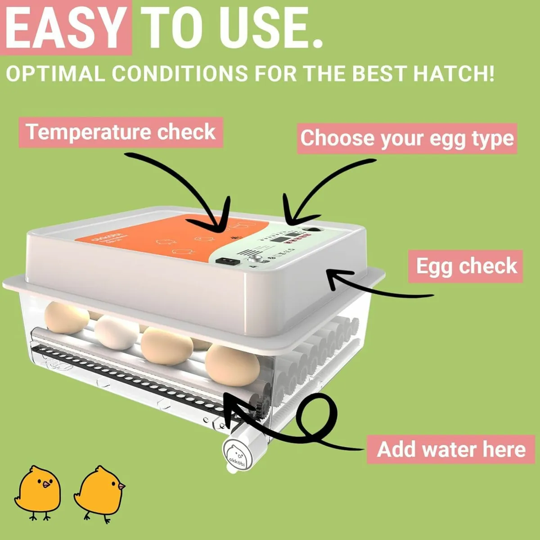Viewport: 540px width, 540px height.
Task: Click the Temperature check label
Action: (121, 132)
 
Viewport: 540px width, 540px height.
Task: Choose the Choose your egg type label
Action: (407, 138)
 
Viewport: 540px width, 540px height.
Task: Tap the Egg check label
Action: (466, 266)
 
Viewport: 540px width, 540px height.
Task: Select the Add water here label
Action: (451, 449)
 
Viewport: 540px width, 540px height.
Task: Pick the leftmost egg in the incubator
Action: (67, 317)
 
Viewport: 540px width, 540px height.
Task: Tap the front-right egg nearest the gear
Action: (233, 366)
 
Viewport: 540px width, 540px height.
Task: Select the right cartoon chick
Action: (100, 491)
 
